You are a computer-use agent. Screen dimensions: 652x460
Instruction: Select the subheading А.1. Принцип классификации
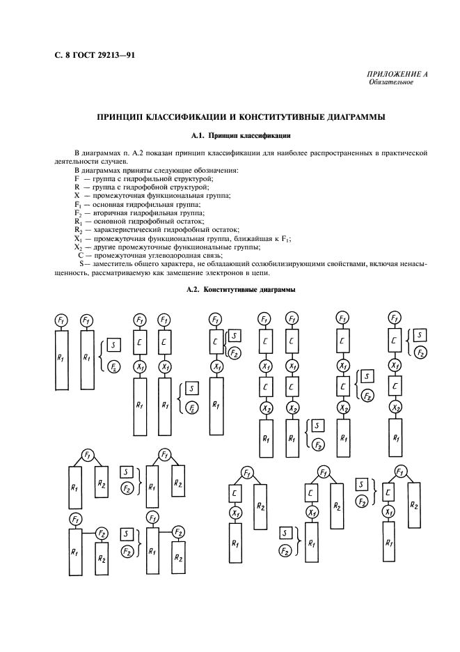tap(230, 135)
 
